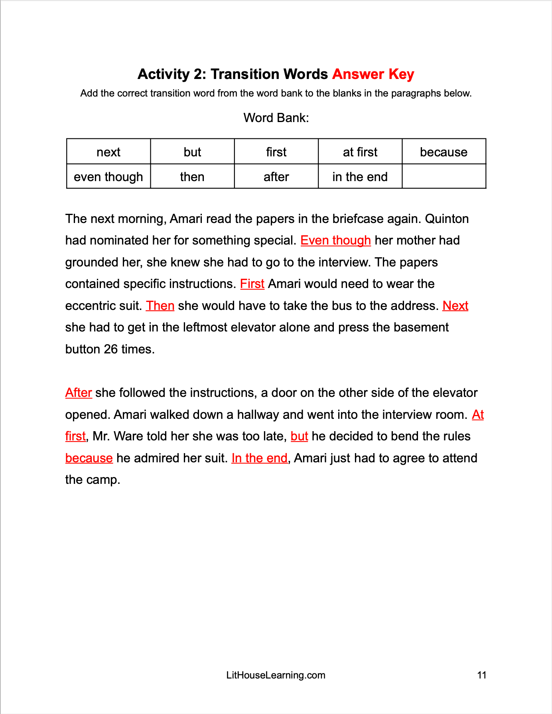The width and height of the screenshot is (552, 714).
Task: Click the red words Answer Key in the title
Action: pyautogui.click(x=373, y=74)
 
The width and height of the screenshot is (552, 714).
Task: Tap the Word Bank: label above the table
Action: pyautogui.click(x=276, y=118)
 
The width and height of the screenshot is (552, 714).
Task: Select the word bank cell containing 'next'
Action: pyautogui.click(x=108, y=152)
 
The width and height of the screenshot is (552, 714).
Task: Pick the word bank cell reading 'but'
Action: pyautogui.click(x=192, y=152)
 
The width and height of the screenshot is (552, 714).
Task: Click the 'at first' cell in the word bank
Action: pyautogui.click(x=360, y=152)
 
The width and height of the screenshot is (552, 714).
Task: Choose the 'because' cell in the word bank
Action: pyautogui.click(x=444, y=152)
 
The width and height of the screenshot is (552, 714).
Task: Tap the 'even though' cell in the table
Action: pyautogui.click(x=108, y=177)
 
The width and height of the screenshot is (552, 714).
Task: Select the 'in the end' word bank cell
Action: pyautogui.click(x=360, y=177)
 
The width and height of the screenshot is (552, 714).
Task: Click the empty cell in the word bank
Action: pyautogui.click(x=444, y=177)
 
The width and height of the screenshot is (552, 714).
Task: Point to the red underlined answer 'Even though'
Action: pyautogui.click(x=335, y=241)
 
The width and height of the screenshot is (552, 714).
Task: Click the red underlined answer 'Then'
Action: pyautogui.click(x=160, y=306)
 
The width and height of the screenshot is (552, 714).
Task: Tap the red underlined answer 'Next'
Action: pyautogui.click(x=455, y=306)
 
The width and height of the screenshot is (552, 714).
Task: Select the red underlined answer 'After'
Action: pyautogui.click(x=79, y=393)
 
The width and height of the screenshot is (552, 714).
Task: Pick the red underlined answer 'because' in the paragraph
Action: pyautogui.click(x=89, y=458)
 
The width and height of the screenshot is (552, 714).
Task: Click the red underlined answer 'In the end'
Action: pyautogui.click(x=259, y=458)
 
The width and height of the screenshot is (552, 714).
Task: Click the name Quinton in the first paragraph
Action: pyautogui.click(x=447, y=219)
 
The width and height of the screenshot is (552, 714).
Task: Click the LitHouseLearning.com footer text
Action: pyautogui.click(x=276, y=675)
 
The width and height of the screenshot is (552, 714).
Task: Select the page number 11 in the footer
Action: pyautogui.click(x=481, y=675)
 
